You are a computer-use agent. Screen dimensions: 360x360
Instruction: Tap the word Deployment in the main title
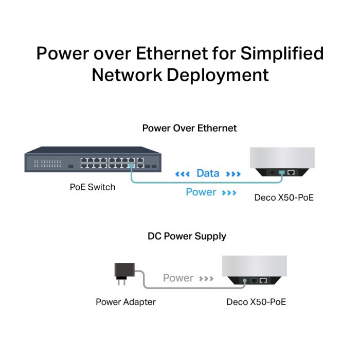click(x=216, y=75)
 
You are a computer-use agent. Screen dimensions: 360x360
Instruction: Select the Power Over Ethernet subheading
click(x=189, y=128)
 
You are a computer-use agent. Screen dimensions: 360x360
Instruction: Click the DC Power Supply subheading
click(x=187, y=237)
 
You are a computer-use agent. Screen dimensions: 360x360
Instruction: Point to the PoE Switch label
click(x=93, y=187)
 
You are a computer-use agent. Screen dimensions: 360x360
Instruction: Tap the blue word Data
click(x=208, y=174)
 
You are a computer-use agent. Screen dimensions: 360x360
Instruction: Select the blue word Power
click(x=201, y=192)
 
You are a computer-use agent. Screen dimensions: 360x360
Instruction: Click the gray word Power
click(x=178, y=278)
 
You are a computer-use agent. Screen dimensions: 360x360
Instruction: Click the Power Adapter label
click(x=125, y=302)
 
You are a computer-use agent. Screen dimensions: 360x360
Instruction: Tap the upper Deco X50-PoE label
click(x=284, y=197)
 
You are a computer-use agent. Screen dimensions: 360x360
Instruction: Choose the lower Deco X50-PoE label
click(x=256, y=302)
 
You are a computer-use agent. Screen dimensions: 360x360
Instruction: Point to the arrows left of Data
click(x=183, y=174)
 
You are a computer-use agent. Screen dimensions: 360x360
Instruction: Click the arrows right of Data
click(x=233, y=174)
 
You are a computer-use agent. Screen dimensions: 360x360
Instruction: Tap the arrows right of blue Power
click(x=229, y=193)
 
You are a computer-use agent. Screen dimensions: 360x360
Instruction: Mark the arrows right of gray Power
click(x=206, y=279)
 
